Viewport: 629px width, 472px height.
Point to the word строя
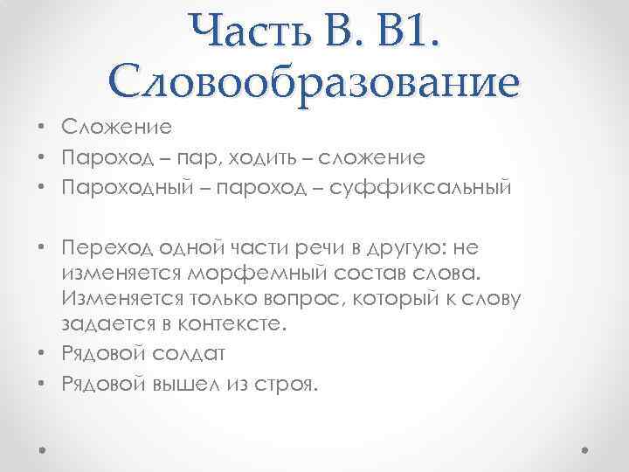click(x=287, y=385)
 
